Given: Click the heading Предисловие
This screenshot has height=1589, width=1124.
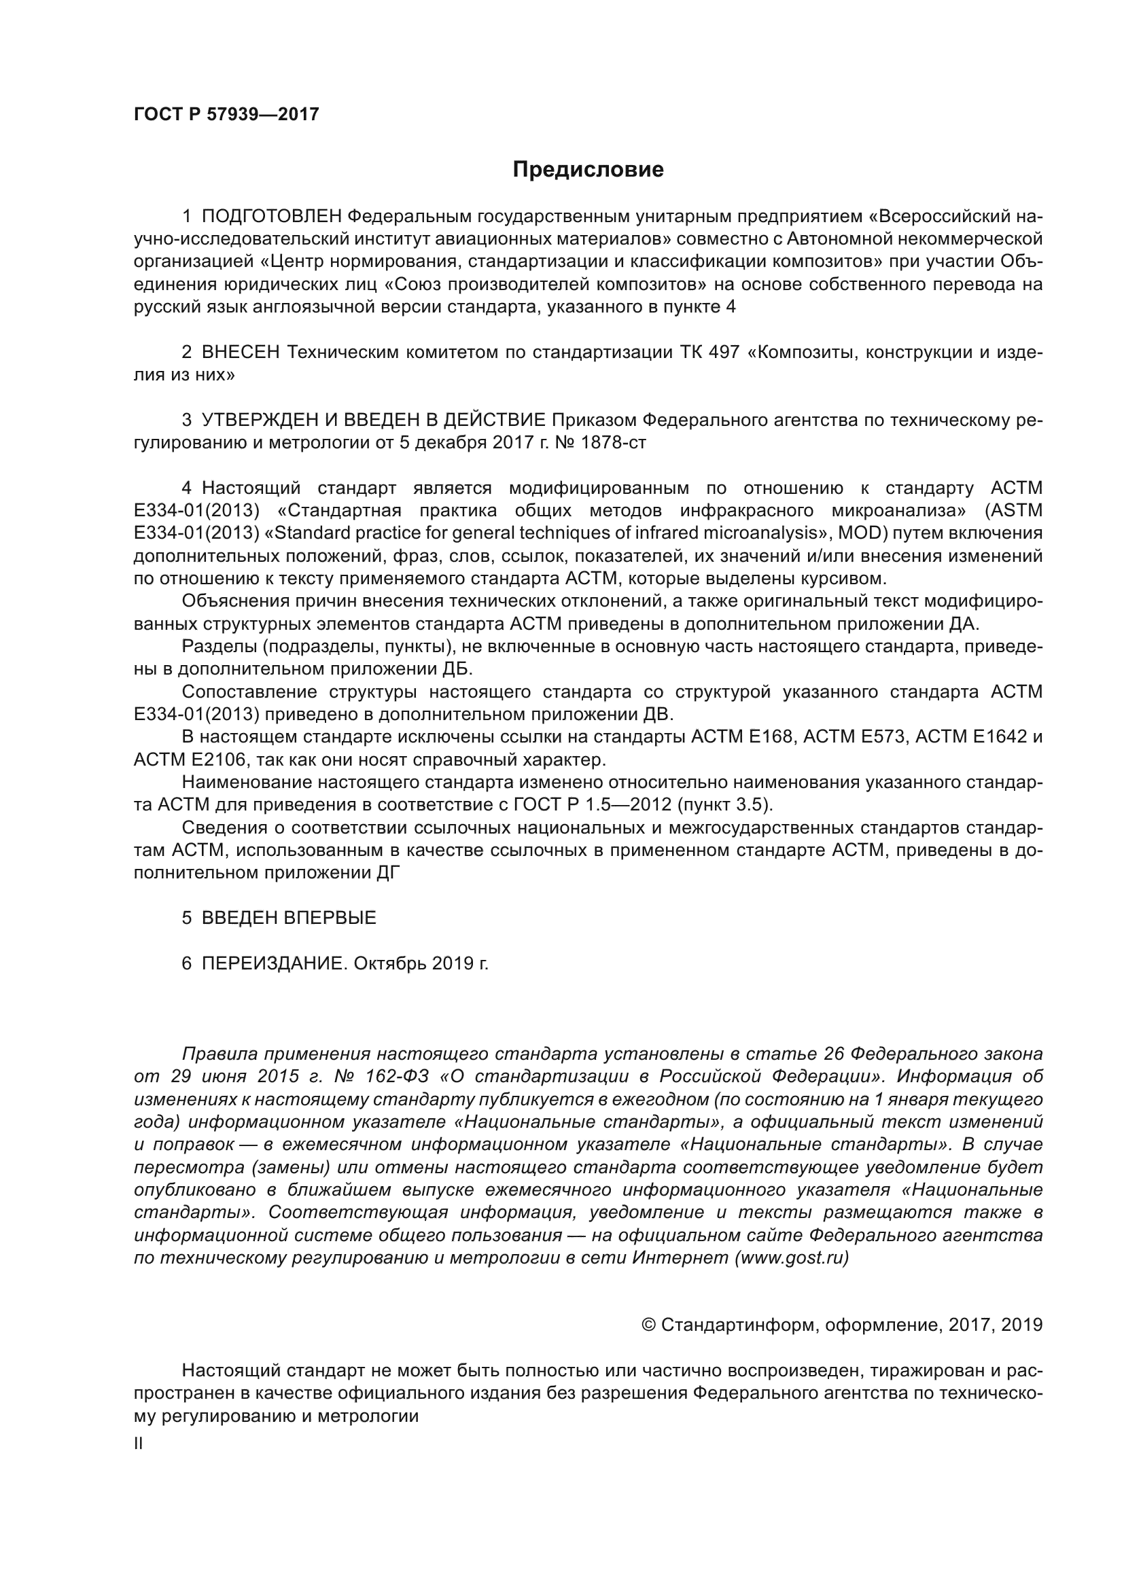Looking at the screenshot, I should click(x=588, y=170).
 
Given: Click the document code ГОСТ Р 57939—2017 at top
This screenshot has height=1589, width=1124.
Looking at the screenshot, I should click(x=226, y=114).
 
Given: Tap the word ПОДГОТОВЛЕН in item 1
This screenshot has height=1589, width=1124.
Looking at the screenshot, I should click(x=271, y=217).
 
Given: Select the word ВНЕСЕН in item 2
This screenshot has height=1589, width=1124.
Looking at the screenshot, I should click(x=241, y=353).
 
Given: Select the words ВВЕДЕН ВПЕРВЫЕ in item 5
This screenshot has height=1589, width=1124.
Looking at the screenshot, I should click(x=289, y=918).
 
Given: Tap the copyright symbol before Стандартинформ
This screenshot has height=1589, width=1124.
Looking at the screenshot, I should click(x=648, y=1325).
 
